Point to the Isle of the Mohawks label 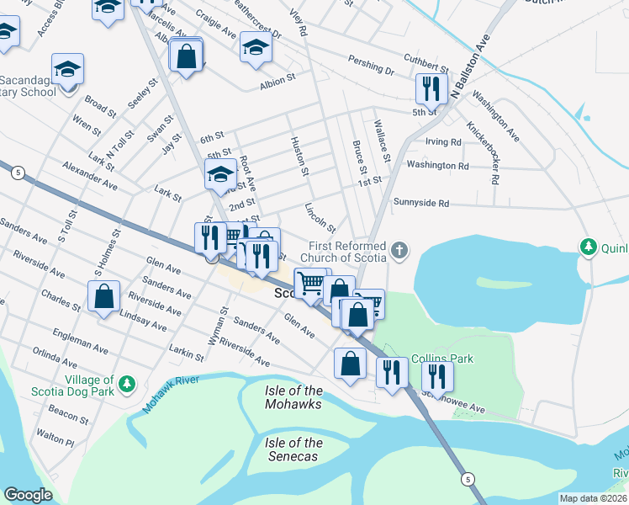[x=293, y=397]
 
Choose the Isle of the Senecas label [x=293, y=449]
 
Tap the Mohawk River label [x=171, y=394]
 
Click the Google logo [x=28, y=495]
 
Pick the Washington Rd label [x=436, y=166]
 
